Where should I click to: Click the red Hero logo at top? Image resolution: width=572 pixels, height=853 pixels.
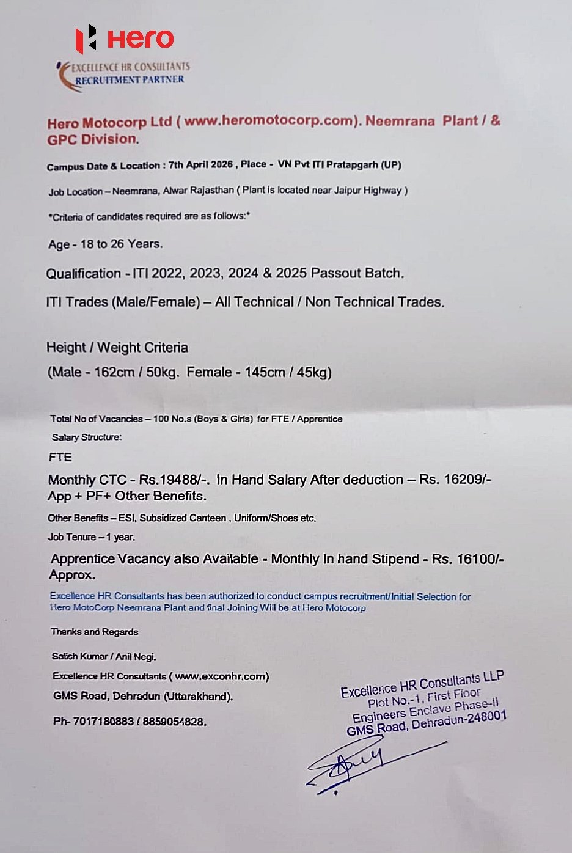click(x=125, y=39)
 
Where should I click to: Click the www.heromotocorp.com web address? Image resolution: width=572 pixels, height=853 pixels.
click(x=269, y=120)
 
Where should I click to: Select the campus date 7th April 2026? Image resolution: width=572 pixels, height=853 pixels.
click(x=200, y=165)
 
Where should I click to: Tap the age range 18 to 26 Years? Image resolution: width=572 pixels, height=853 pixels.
click(x=121, y=244)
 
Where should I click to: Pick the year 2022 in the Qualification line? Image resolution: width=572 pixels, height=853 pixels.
click(x=167, y=273)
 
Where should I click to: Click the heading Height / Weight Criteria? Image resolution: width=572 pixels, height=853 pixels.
click(x=117, y=348)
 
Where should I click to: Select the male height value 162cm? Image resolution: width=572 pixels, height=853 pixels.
click(x=114, y=372)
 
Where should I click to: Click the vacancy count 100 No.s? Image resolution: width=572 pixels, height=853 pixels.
click(x=171, y=419)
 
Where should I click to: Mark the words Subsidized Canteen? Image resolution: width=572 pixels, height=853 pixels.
click(x=183, y=518)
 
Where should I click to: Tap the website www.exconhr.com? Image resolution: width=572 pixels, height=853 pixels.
click(x=221, y=676)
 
